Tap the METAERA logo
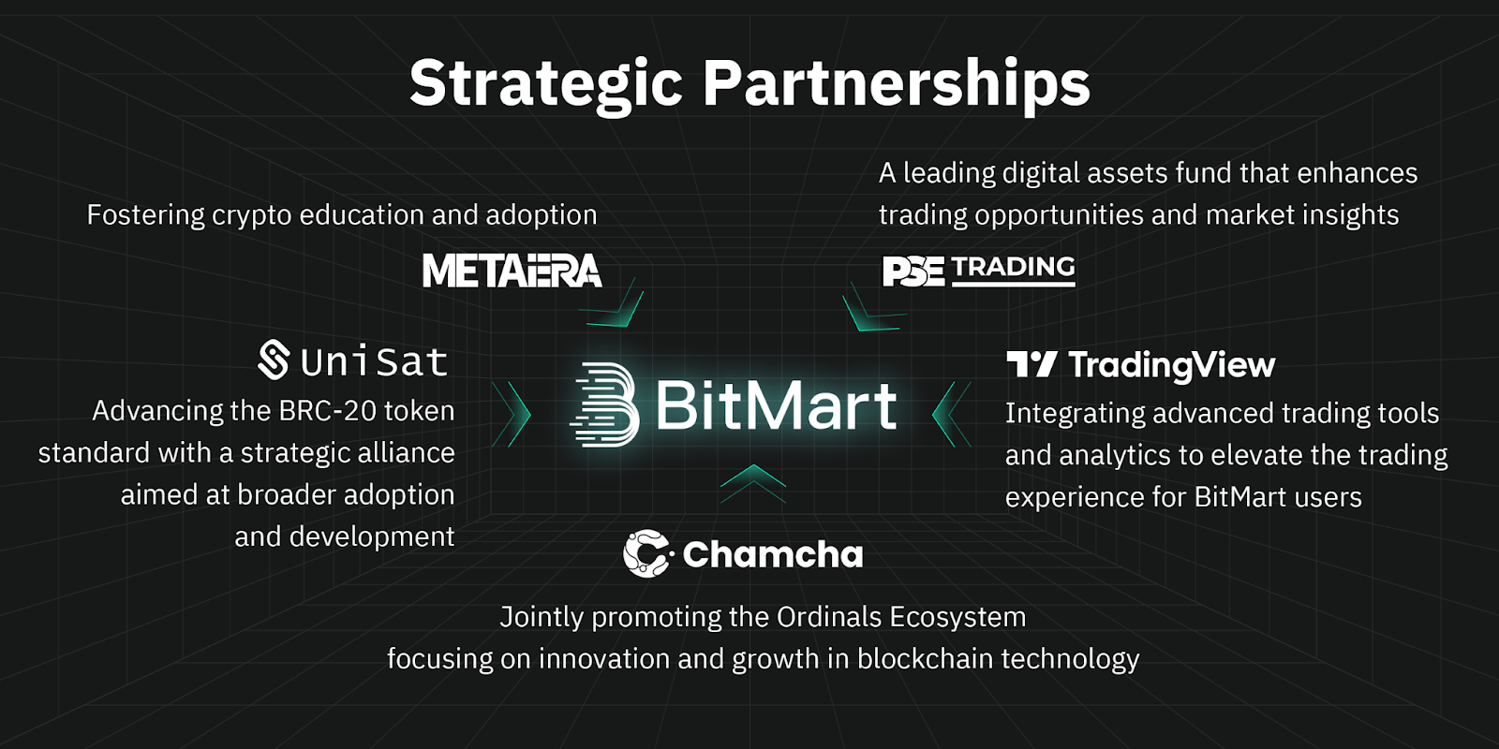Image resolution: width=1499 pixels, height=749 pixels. point(512,271)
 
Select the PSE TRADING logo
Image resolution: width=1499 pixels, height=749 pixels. point(978,271)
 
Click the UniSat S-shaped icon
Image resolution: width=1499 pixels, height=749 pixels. point(274,360)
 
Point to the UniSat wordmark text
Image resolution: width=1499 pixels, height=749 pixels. point(374,361)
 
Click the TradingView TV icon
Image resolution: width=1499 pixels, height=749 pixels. point(1031,364)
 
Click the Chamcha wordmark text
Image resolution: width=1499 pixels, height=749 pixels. point(773,554)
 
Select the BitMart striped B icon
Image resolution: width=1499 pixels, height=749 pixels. point(604,404)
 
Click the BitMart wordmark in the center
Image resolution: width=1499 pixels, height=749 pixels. point(777,406)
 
